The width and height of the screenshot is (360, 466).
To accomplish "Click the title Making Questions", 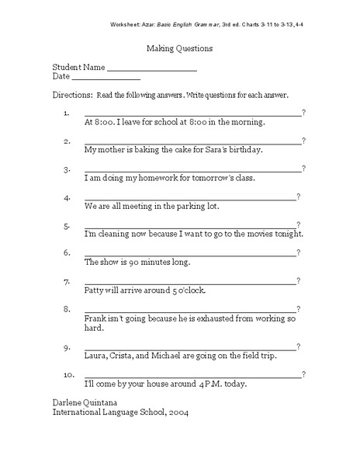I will tap(180, 48).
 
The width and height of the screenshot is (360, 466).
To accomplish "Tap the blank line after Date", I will tap(106, 79).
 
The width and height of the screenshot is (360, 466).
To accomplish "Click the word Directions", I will tap(71, 96).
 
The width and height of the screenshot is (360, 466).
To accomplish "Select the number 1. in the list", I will tap(67, 113).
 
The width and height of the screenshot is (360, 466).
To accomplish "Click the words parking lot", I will tap(200, 207).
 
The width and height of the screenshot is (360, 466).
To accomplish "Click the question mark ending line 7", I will tap(299, 280).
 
